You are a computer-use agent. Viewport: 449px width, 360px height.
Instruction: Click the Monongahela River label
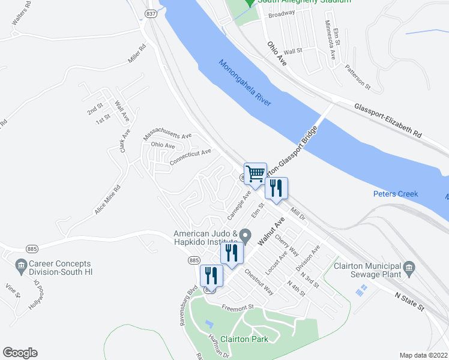[245, 83]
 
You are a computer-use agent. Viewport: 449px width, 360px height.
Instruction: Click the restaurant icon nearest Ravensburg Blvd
[211, 277]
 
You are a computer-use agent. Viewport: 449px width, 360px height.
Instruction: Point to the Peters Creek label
[396, 194]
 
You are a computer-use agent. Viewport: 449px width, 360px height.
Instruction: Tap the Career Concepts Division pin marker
[21, 265]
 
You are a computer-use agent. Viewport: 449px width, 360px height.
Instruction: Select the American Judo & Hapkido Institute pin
[244, 235]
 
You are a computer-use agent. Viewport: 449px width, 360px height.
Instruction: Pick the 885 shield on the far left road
[32, 248]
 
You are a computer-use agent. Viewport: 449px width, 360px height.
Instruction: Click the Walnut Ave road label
[271, 232]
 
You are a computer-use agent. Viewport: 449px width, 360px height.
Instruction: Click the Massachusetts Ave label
[167, 137]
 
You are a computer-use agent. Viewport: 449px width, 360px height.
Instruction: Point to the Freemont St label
[238, 308]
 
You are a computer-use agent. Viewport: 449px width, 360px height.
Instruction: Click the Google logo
[20, 353]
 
